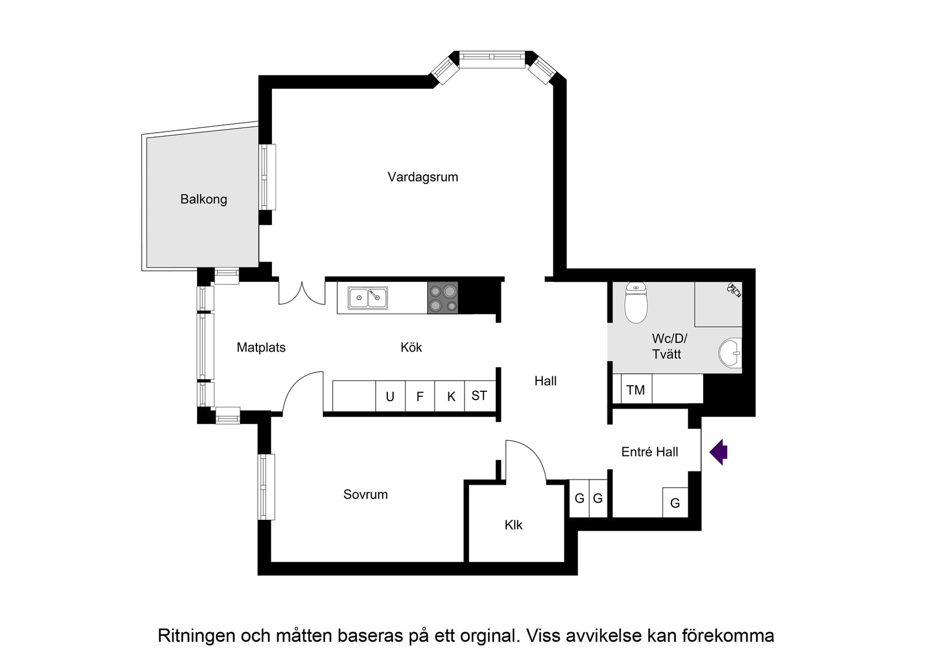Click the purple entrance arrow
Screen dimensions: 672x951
click(x=719, y=452)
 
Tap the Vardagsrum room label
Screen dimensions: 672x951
click(x=422, y=177)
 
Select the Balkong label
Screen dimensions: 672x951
click(x=203, y=199)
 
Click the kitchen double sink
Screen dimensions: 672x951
click(x=368, y=298)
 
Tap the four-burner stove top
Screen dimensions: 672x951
click(x=443, y=298)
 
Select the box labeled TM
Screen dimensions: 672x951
click(x=636, y=390)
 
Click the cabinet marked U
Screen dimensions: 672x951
click(x=390, y=397)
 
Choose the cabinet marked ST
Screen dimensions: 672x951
click(x=479, y=395)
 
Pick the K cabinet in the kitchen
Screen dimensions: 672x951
click(x=451, y=397)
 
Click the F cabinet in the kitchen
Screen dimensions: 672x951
click(x=420, y=397)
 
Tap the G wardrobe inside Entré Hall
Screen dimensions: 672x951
click(x=675, y=503)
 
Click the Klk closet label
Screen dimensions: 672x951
click(x=514, y=525)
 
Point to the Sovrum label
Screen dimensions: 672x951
click(x=365, y=494)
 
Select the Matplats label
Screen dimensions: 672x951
click(x=261, y=348)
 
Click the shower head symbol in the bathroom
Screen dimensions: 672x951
click(x=734, y=289)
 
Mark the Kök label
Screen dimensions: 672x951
click(x=412, y=348)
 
